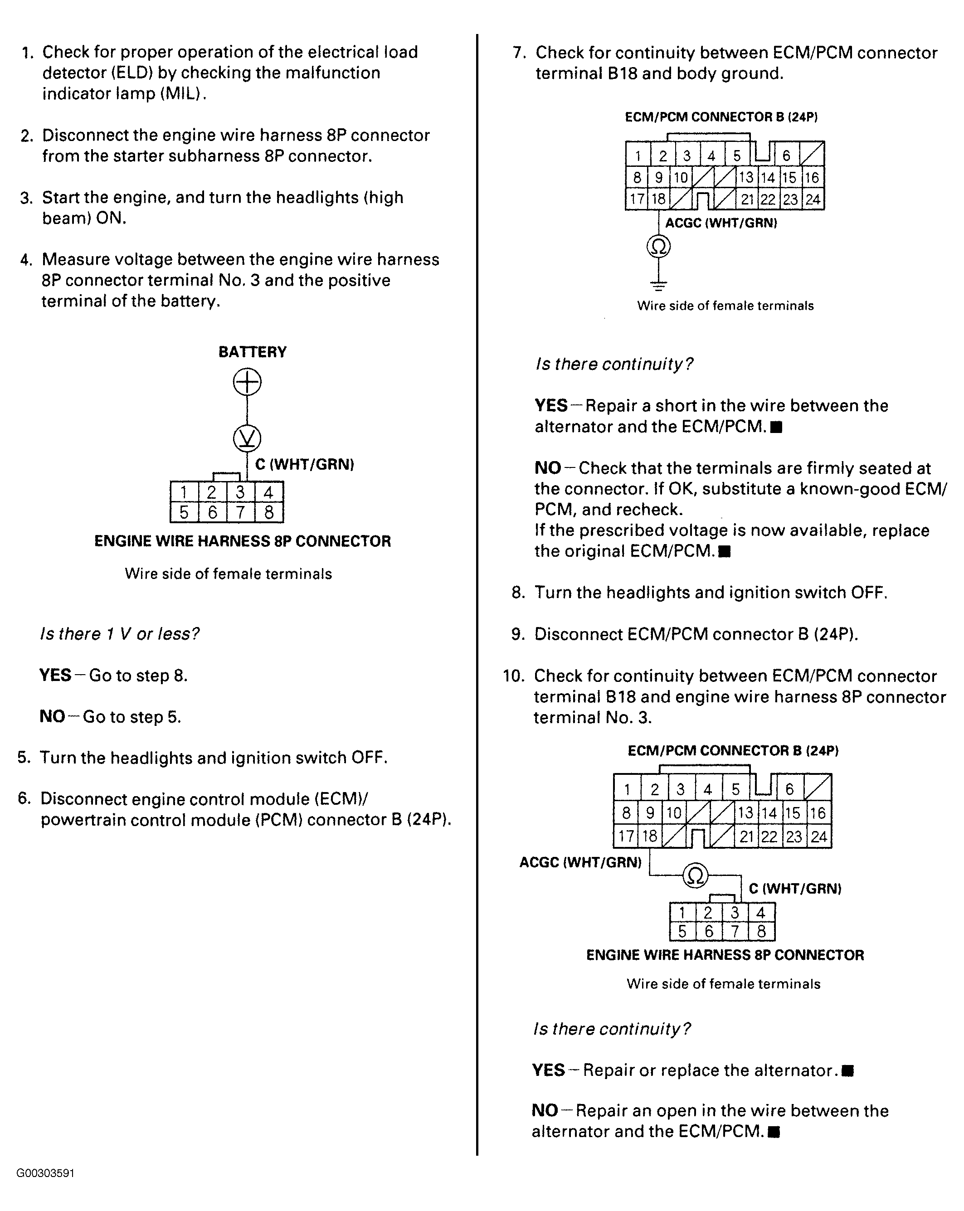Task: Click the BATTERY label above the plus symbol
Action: click(252, 352)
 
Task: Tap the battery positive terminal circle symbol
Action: click(247, 383)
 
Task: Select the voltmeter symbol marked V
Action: click(247, 438)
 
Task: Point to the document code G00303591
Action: click(45, 1173)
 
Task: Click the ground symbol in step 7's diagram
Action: click(658, 285)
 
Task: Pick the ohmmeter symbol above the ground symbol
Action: click(658, 247)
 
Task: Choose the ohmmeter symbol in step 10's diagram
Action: click(696, 875)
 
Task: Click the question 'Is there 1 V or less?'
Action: click(119, 634)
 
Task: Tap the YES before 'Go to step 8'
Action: click(55, 675)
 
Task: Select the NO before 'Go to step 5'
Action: click(52, 717)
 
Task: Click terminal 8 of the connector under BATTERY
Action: click(268, 512)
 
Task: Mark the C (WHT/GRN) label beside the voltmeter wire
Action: click(304, 465)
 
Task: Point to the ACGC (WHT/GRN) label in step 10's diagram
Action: click(580, 862)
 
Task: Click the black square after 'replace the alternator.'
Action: click(848, 1070)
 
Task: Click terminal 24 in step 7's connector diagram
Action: click(813, 199)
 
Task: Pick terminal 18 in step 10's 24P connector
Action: click(649, 837)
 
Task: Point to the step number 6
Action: click(24, 799)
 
